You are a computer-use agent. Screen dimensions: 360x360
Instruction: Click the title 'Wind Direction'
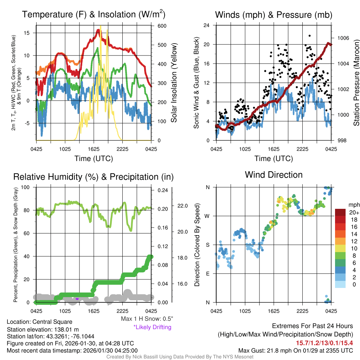(x=274, y=175)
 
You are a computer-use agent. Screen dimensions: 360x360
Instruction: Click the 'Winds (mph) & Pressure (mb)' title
(x=274, y=15)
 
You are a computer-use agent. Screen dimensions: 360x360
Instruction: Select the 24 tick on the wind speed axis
(x=207, y=25)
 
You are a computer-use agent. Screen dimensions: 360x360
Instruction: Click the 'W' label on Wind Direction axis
(x=208, y=216)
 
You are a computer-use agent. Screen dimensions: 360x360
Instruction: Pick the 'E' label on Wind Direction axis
(x=208, y=274)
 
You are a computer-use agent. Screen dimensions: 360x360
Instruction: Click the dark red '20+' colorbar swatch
(x=345, y=213)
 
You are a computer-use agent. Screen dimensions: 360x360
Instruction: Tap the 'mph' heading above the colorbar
(x=353, y=205)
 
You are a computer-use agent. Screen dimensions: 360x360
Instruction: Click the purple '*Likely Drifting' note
(x=152, y=327)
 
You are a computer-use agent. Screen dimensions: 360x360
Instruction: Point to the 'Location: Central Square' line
(x=39, y=322)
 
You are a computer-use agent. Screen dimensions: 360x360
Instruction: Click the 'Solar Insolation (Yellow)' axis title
(x=174, y=83)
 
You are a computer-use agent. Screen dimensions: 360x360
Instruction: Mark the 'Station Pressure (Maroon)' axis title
(x=356, y=83)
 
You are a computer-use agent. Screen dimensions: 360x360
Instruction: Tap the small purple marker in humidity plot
(x=77, y=299)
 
